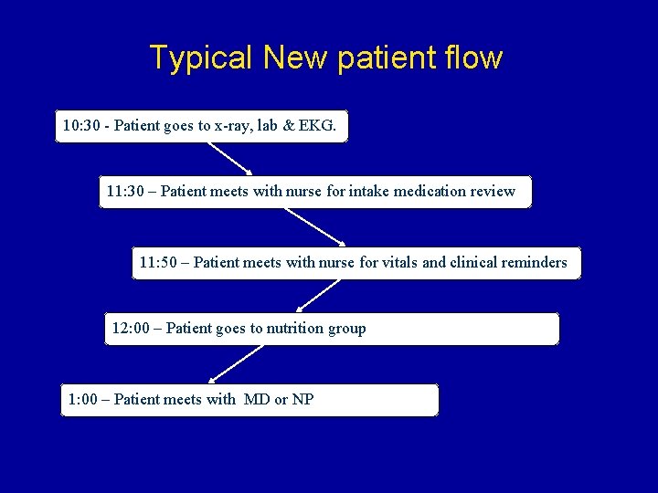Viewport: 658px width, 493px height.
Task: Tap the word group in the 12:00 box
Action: click(347, 329)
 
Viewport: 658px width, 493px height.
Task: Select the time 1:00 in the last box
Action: click(82, 399)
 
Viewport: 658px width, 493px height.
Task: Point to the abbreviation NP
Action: click(302, 399)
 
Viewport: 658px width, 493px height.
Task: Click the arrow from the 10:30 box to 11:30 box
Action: click(225, 157)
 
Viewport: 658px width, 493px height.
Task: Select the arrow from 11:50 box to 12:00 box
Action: click(319, 296)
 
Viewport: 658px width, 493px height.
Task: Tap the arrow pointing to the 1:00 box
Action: click(237, 363)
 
